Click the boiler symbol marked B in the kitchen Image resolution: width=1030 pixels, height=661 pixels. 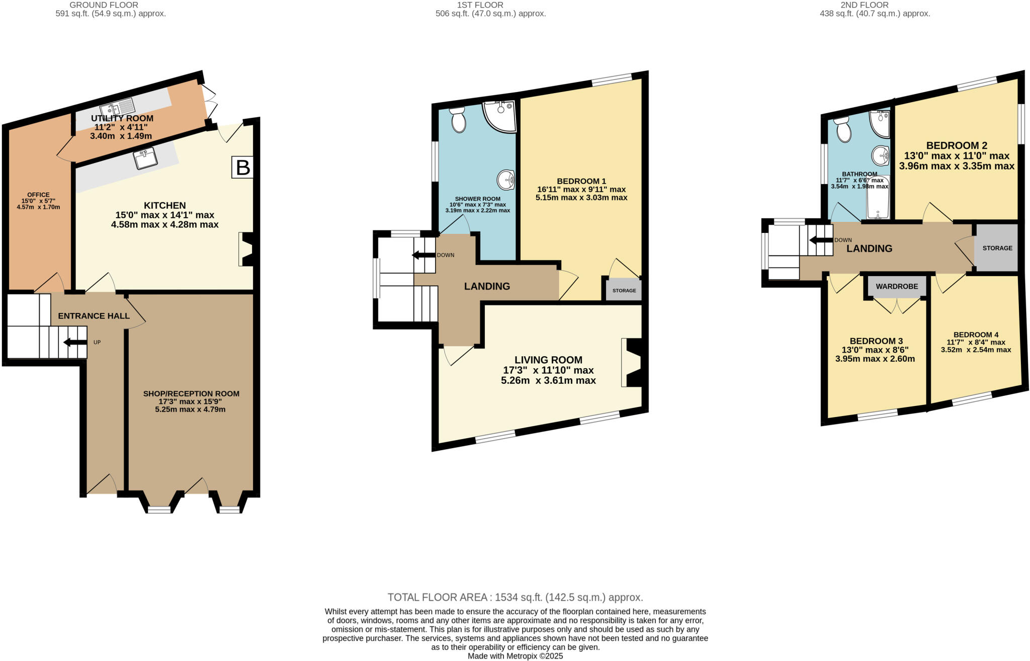[x=243, y=168]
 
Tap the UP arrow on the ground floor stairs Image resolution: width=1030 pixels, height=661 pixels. [x=74, y=343]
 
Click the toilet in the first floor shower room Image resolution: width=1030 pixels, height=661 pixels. [x=458, y=119]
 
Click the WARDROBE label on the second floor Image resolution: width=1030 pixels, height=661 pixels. [x=897, y=286]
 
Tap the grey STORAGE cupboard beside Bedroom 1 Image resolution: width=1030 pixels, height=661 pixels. [x=624, y=290]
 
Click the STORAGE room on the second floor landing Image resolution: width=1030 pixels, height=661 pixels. [x=997, y=248]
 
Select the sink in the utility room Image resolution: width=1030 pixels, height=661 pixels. [x=117, y=108]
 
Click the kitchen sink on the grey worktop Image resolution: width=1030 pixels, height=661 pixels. [x=146, y=158]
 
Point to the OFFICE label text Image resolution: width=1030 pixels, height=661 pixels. [x=38, y=195]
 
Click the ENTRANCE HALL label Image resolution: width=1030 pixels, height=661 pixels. [x=94, y=316]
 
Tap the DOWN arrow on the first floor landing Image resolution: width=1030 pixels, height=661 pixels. [x=423, y=255]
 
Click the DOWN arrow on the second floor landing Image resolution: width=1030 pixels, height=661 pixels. [x=821, y=240]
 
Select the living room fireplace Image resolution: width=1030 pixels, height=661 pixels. [x=632, y=363]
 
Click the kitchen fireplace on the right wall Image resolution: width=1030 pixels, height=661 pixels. [x=247, y=249]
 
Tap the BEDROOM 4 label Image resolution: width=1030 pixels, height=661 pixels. [x=976, y=335]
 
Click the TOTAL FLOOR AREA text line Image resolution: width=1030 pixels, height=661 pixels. [x=515, y=598]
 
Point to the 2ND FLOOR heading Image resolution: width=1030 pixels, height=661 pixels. [x=875, y=5]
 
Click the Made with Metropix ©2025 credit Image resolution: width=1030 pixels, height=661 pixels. [x=515, y=656]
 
